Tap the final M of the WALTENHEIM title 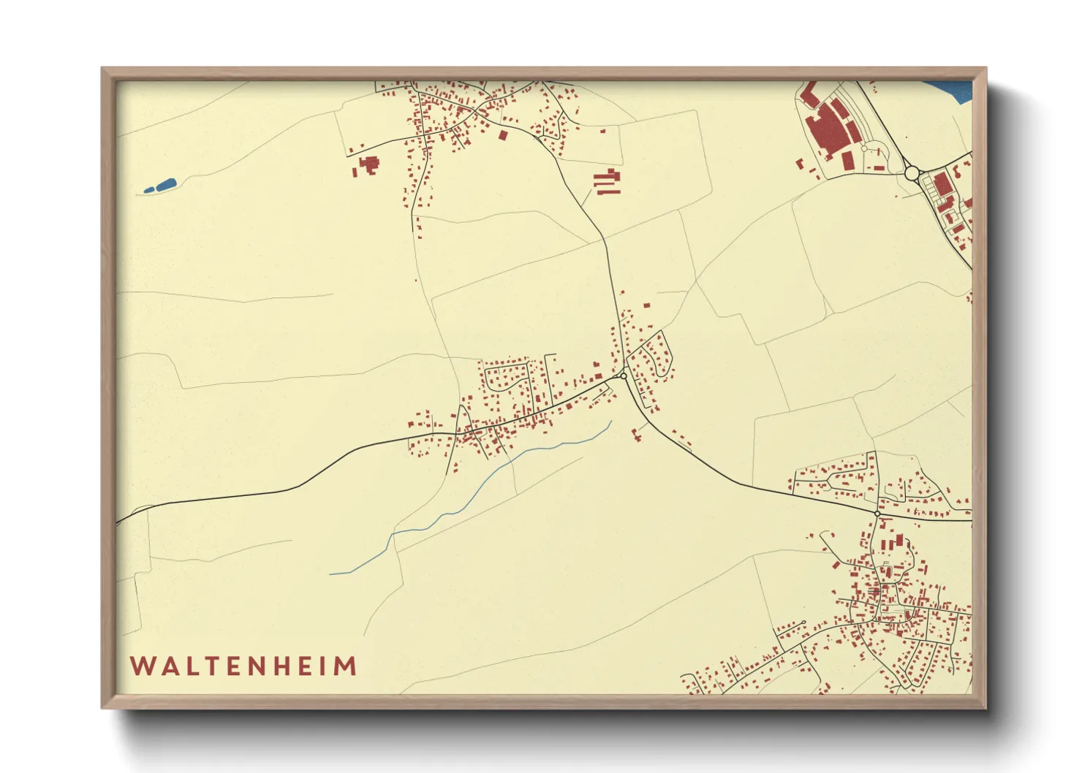[x=346, y=666]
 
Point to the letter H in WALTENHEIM [x=287, y=666]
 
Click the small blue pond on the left [x=161, y=186]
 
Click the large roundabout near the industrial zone [x=911, y=173]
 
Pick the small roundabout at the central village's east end [x=623, y=376]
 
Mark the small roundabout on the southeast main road [x=877, y=514]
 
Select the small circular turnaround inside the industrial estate [x=863, y=148]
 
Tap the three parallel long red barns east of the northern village [x=607, y=182]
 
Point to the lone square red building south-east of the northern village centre [x=502, y=134]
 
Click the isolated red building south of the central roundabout [x=636, y=434]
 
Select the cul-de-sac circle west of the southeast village [x=803, y=622]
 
